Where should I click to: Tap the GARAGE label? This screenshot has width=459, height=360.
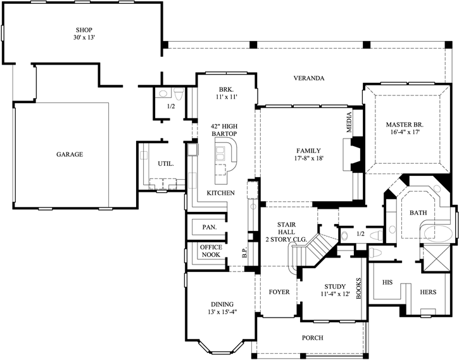click(x=69, y=154)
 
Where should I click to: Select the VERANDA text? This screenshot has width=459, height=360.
click(x=308, y=78)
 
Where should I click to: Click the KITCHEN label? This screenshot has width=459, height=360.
click(x=221, y=192)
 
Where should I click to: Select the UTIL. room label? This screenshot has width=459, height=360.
click(x=166, y=163)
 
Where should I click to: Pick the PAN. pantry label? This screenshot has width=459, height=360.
click(x=209, y=227)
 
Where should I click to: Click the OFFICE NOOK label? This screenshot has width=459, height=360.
click(x=210, y=251)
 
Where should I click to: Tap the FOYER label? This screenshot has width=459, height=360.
click(x=279, y=292)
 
